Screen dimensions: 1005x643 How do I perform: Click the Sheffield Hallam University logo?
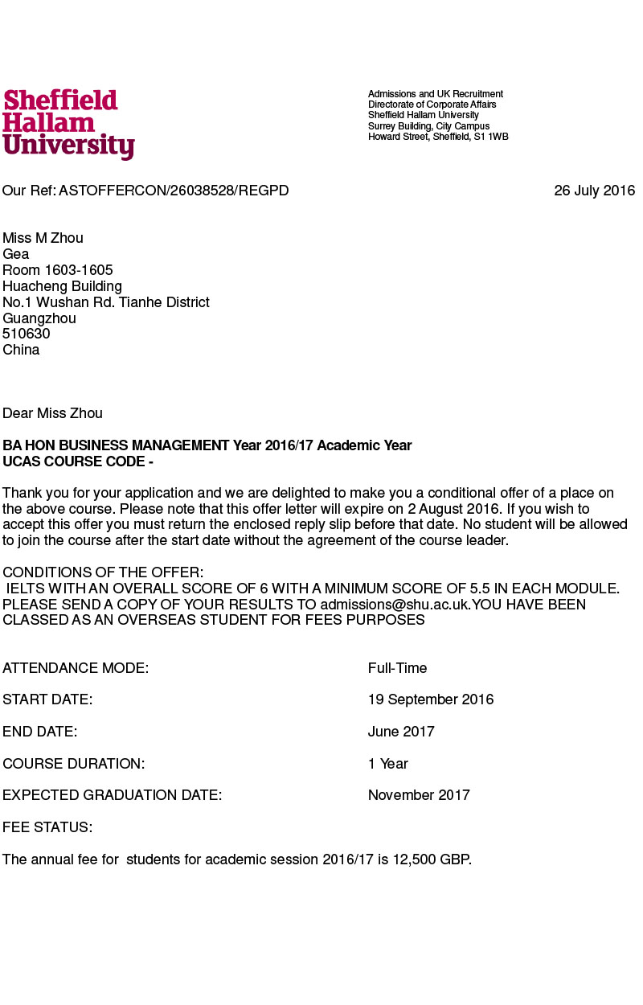click(x=68, y=124)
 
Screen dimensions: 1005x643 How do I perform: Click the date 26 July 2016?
click(x=594, y=191)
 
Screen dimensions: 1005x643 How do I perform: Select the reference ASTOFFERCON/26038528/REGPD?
click(x=174, y=191)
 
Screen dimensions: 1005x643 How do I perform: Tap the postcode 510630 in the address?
click(x=27, y=334)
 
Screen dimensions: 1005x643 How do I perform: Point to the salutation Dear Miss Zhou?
click(x=52, y=413)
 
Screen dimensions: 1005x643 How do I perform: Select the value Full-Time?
click(x=397, y=668)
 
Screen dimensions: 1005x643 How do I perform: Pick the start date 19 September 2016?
click(x=431, y=699)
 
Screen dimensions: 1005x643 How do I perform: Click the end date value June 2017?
click(x=401, y=732)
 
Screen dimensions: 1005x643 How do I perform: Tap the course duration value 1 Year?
click(x=388, y=764)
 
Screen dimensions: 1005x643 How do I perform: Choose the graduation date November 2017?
click(x=419, y=795)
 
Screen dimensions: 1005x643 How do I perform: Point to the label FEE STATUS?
click(x=47, y=827)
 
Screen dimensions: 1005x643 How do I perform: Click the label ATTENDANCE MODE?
click(x=76, y=668)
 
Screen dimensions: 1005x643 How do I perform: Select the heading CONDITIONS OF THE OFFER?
click(x=103, y=572)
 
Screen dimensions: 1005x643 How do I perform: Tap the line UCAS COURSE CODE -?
click(x=78, y=461)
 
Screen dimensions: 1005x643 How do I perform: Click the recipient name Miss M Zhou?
click(x=43, y=238)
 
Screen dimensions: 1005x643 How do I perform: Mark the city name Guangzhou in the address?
click(x=39, y=318)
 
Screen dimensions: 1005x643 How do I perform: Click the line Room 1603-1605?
click(x=58, y=270)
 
